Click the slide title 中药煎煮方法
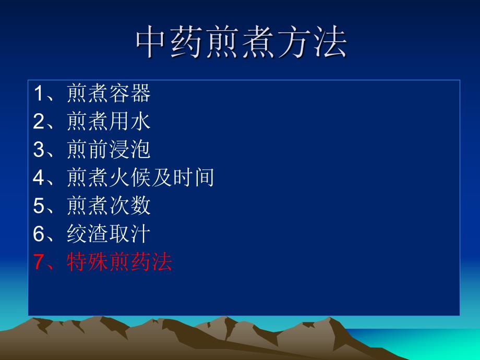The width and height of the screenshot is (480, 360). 241,43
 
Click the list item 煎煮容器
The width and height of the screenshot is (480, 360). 109,94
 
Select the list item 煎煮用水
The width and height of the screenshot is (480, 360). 109,122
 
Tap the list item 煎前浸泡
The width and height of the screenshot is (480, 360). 109,150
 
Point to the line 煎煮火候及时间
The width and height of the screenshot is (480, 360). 140,178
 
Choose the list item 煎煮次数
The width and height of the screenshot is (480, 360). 109,206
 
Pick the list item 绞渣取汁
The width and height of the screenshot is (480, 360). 109,234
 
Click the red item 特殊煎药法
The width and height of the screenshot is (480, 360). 119,262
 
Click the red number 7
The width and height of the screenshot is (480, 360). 39,262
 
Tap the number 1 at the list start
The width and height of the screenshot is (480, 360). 39,94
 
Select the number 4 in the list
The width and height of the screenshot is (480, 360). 39,178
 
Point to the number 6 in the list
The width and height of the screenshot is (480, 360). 39,234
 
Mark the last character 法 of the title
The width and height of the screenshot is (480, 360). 330,43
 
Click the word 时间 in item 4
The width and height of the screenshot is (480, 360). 193,178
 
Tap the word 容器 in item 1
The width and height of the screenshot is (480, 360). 130,94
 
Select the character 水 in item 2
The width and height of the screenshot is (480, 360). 140,122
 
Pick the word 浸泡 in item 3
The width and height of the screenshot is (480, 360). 130,150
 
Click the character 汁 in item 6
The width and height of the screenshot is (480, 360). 140,234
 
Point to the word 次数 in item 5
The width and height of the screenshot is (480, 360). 130,206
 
